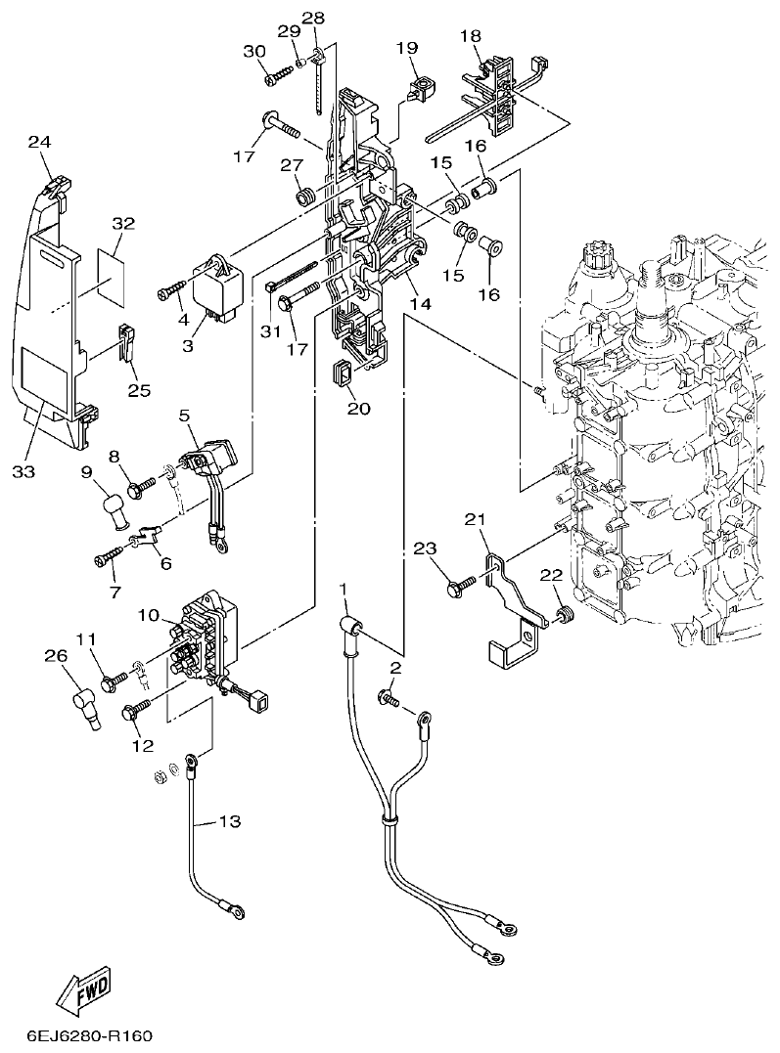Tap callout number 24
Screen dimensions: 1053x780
coord(38,142)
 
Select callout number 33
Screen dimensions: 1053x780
coord(23,470)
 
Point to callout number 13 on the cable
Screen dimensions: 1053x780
coord(228,821)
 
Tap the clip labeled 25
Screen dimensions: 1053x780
coord(126,344)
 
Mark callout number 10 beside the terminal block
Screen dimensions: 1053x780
coord(148,616)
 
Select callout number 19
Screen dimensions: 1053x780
coord(407,47)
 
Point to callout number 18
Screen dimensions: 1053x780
coord(471,36)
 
